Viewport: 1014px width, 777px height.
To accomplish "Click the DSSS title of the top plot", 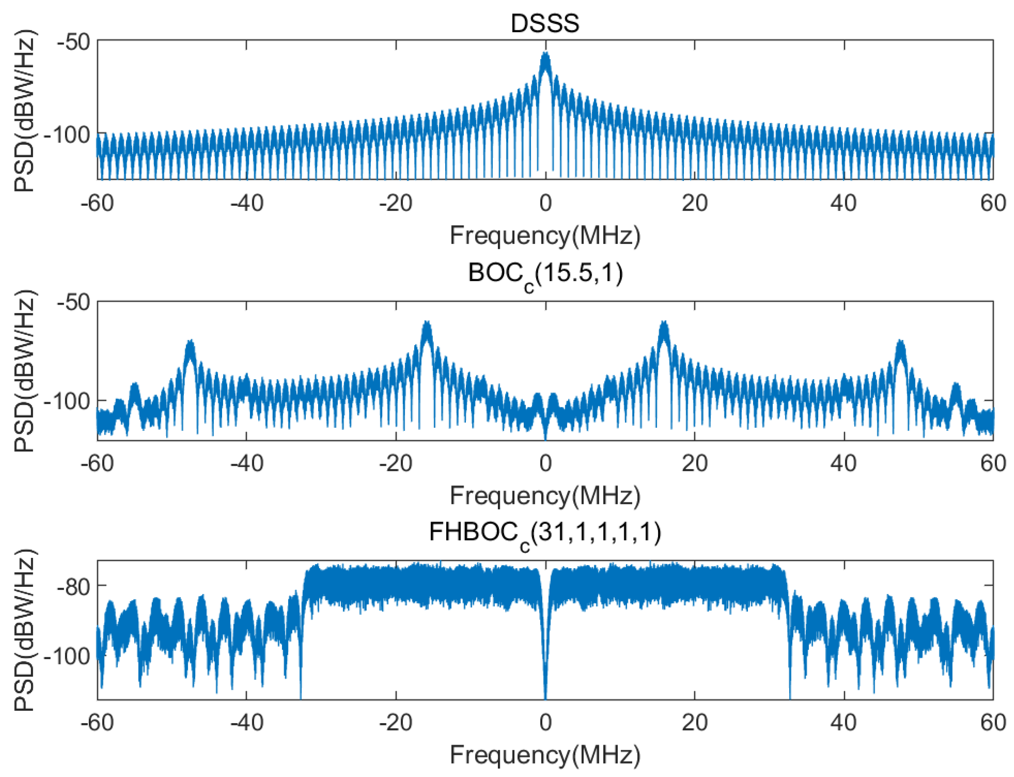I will pos(544,23).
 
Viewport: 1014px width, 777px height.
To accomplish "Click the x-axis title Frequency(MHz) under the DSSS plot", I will pos(545,235).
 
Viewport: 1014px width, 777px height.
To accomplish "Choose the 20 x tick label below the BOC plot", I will pos(694,463).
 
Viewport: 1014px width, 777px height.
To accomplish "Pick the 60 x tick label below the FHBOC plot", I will pos(993,722).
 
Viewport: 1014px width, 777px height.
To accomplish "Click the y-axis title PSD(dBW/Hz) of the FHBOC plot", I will pos(24,630).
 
